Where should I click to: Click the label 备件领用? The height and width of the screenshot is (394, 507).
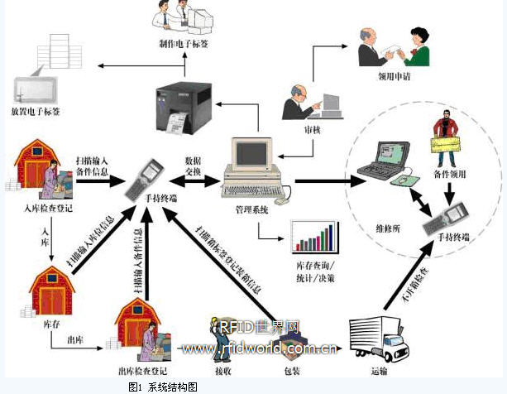(448, 175)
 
